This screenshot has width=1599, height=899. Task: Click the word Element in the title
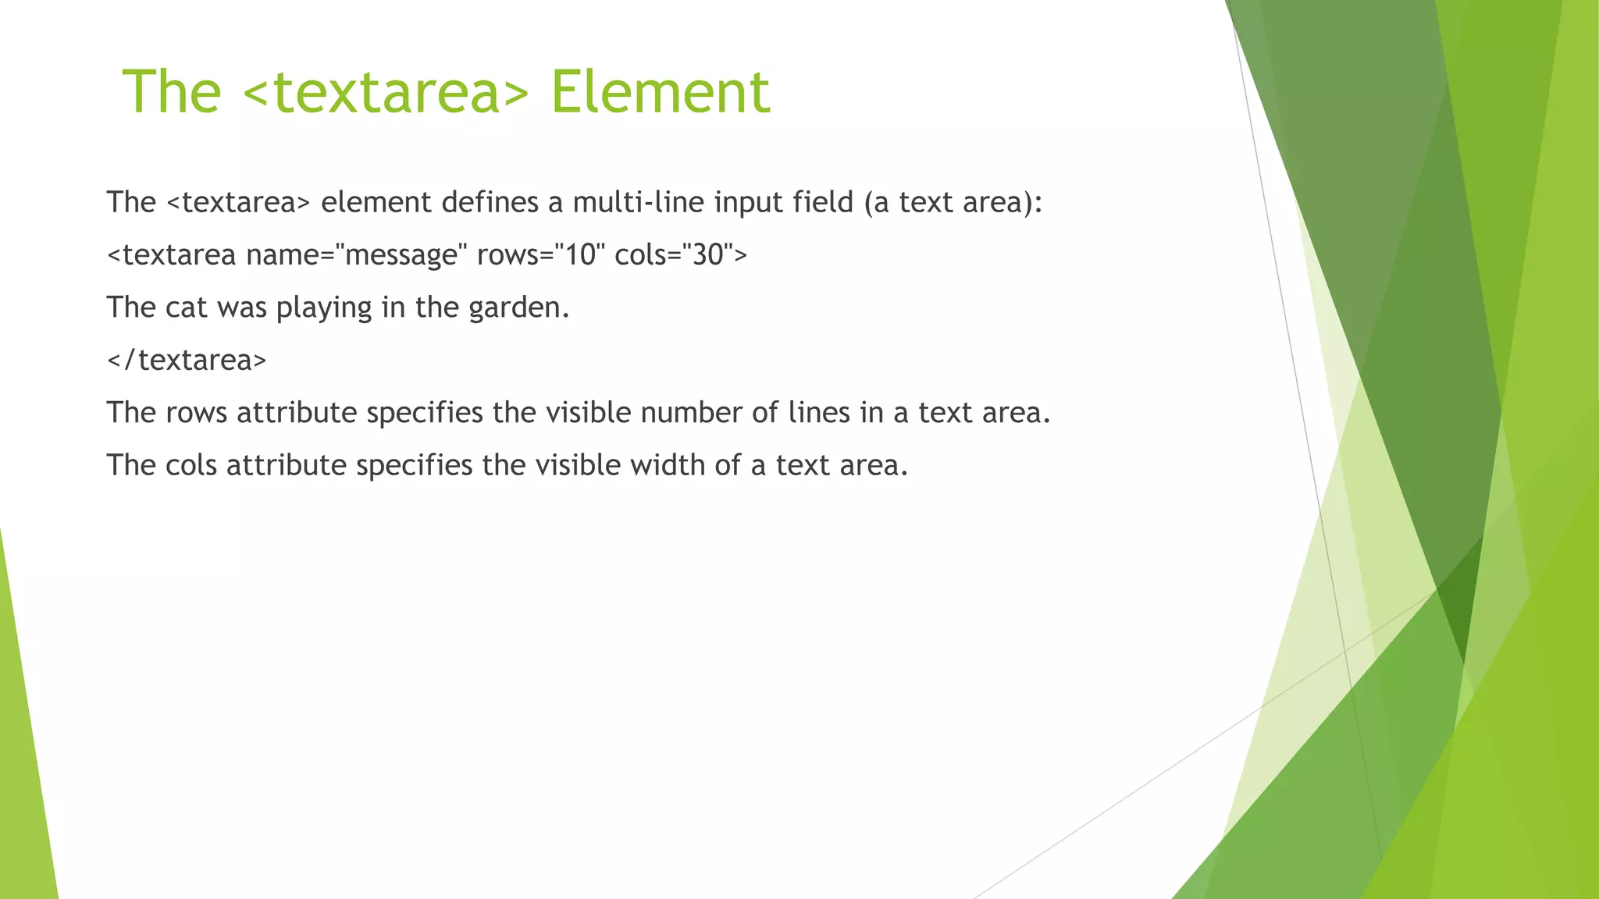[661, 92]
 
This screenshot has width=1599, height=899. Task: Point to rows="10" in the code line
[541, 254]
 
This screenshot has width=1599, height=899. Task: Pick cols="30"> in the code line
[681, 254]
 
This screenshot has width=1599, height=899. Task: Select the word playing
[324, 308]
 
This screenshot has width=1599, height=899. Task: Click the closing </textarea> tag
[187, 360]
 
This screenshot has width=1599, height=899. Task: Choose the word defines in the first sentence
[490, 202]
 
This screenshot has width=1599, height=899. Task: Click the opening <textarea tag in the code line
[171, 254]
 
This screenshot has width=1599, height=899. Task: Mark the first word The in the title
[172, 92]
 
